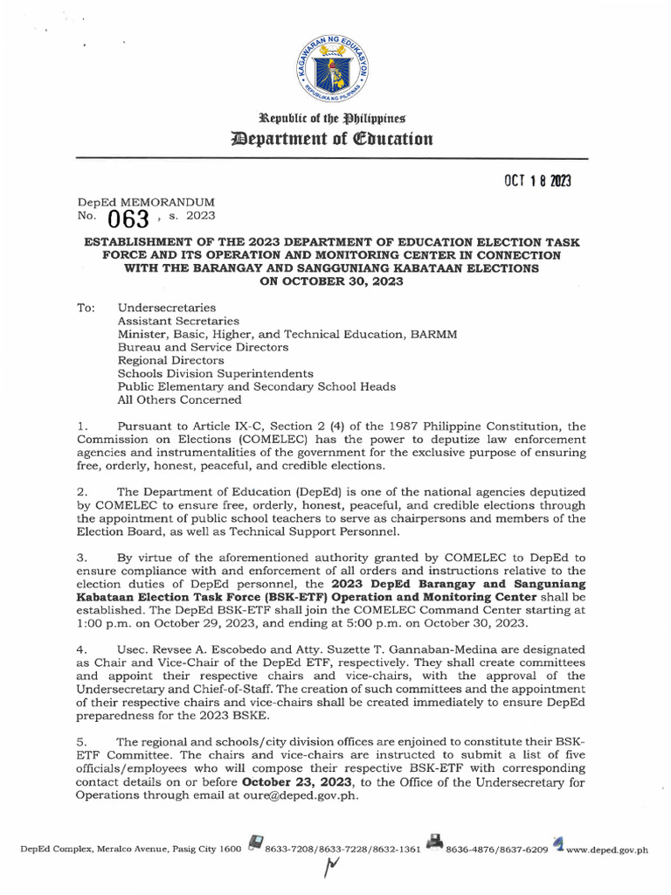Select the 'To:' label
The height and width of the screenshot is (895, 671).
pyautogui.click(x=86, y=309)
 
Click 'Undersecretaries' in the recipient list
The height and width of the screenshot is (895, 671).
pyautogui.click(x=167, y=309)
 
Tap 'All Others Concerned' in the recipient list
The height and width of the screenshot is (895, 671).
pyautogui.click(x=179, y=399)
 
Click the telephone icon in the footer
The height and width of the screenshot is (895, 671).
pyautogui.click(x=256, y=843)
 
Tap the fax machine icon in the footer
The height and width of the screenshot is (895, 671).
pyautogui.click(x=433, y=843)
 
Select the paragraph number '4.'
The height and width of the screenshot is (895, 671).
pyautogui.click(x=82, y=650)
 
